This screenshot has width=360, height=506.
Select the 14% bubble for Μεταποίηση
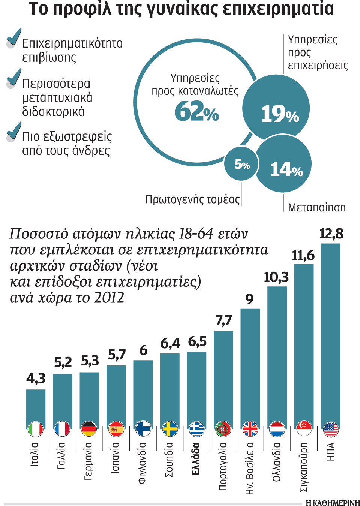284,164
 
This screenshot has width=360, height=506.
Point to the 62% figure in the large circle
196,111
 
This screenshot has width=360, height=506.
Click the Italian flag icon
36,428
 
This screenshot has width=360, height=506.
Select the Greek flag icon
196,428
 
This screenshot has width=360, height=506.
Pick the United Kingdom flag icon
250,428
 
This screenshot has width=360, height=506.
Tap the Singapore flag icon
304,428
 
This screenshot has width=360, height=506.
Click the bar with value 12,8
331,336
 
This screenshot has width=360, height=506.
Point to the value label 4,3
36,378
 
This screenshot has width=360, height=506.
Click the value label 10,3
276,277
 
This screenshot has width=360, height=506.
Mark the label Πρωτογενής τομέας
192,199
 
